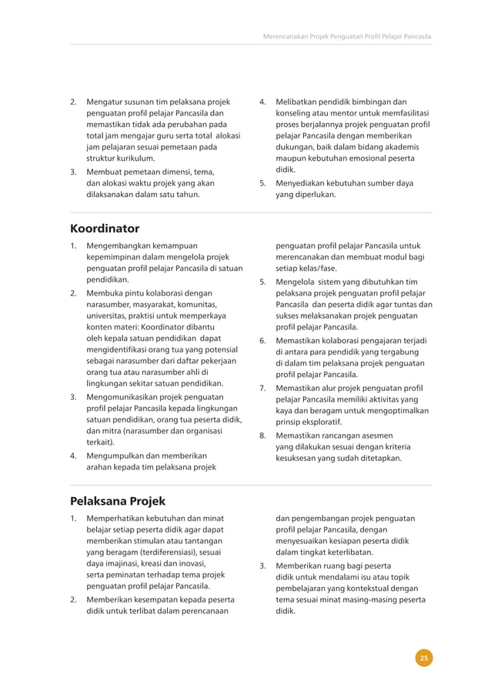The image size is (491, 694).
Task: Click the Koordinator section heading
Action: (x=105, y=229)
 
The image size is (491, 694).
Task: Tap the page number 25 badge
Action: (x=423, y=657)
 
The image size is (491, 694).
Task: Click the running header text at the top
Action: (x=347, y=36)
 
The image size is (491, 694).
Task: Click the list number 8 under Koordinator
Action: (x=262, y=435)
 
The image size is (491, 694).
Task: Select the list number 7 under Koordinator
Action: (x=262, y=389)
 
